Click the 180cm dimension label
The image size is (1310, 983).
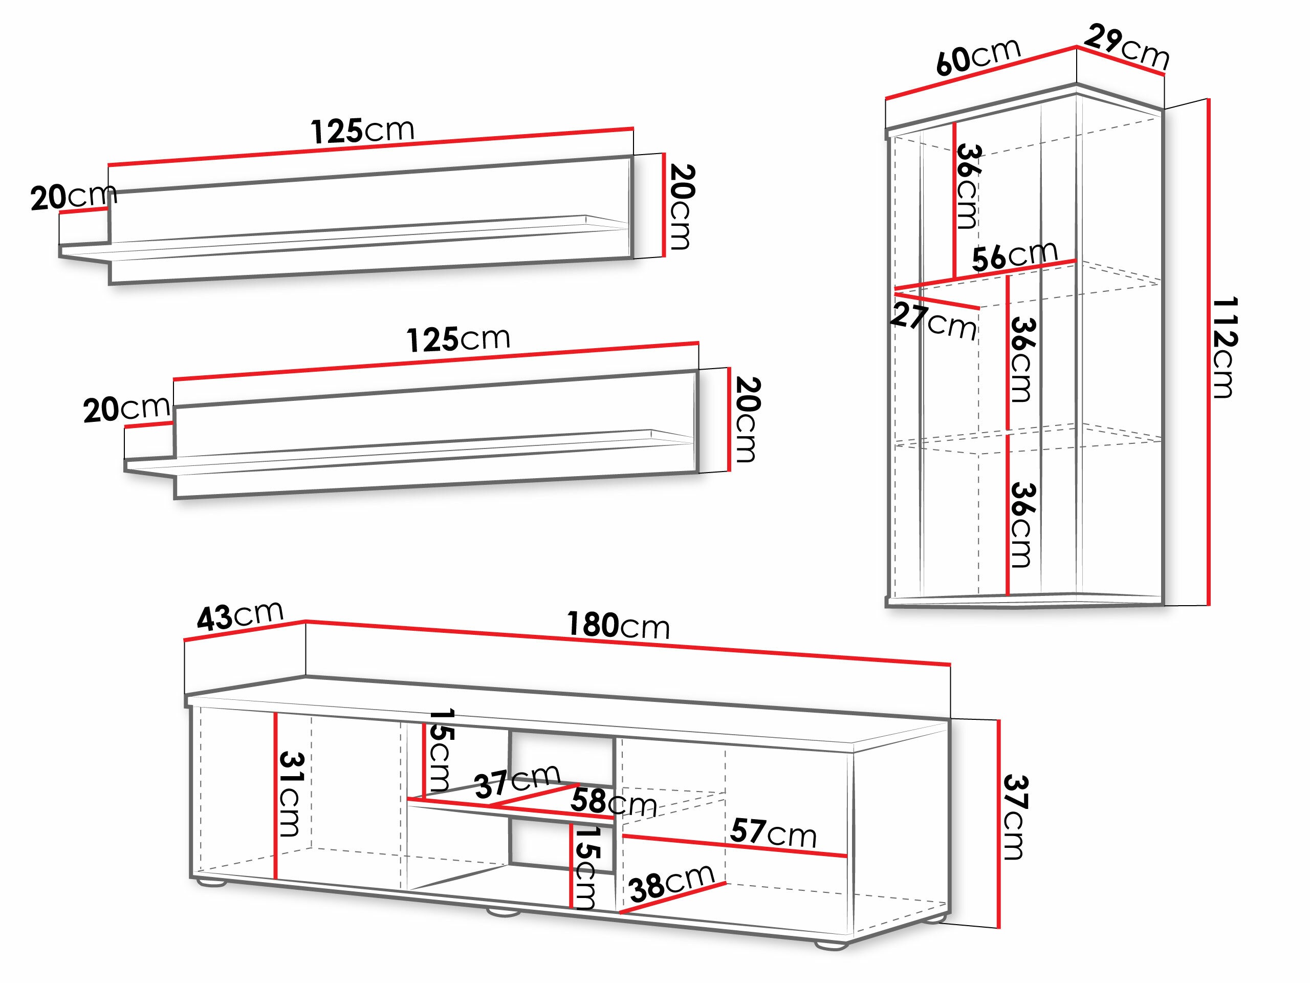[x=618, y=625]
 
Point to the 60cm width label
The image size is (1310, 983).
[x=978, y=57]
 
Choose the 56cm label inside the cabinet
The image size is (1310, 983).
[x=1014, y=256]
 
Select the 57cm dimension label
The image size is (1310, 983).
[x=773, y=832]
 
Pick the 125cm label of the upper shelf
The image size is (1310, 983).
[x=362, y=131]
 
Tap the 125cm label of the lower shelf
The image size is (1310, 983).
[x=458, y=339]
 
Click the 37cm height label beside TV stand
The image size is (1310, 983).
[x=1015, y=818]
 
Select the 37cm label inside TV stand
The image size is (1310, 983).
[x=517, y=782]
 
